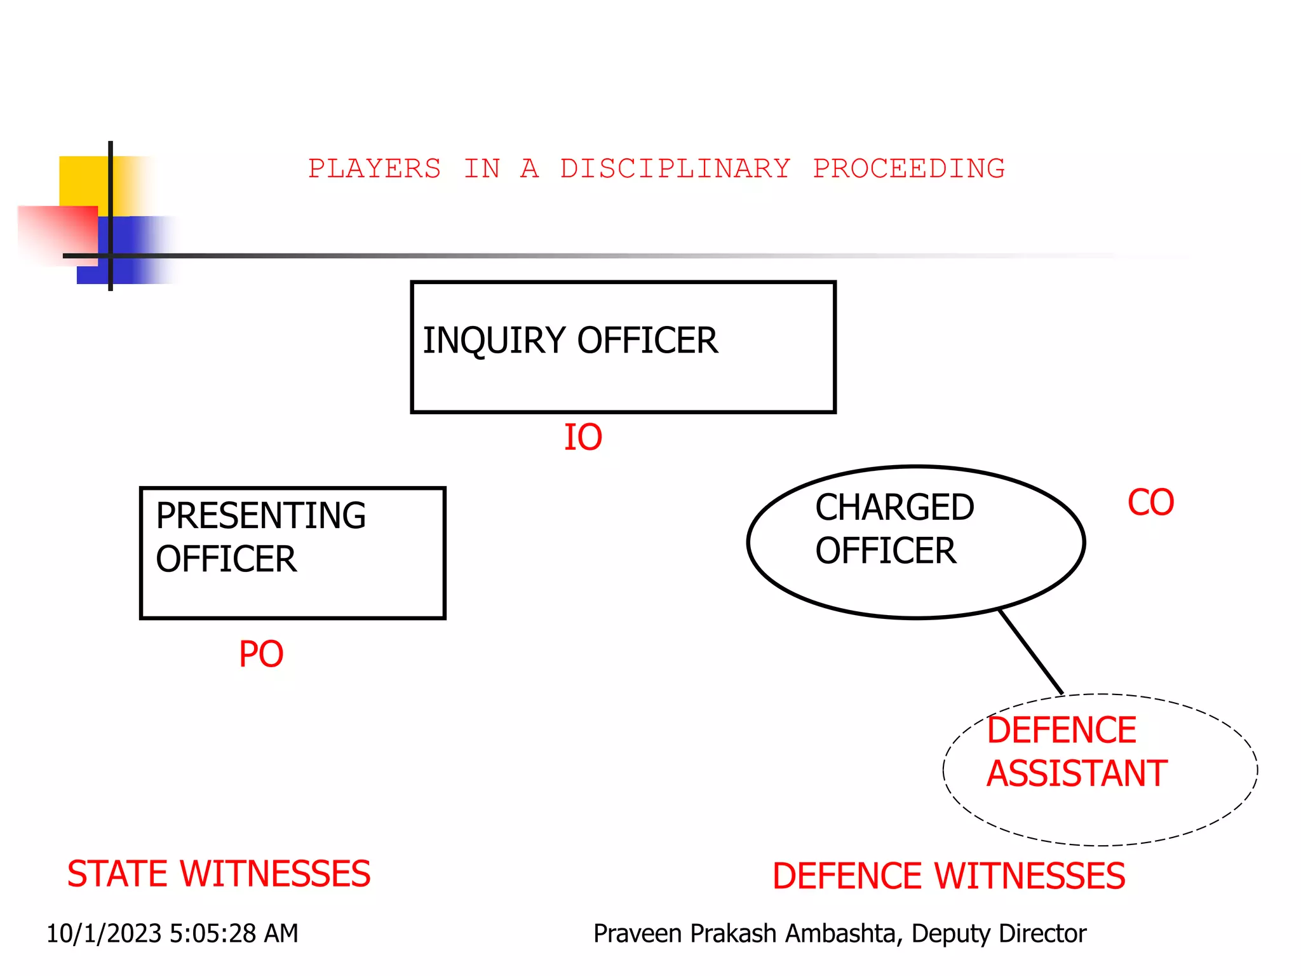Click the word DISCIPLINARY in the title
(675, 169)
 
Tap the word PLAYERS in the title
(374, 169)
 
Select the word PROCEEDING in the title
(908, 169)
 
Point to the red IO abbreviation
(583, 438)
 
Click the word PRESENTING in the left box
(260, 515)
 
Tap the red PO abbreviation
(261, 654)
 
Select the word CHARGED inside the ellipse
(894, 508)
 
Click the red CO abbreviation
(1150, 503)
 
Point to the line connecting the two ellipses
(1030, 651)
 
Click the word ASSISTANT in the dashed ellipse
(1077, 774)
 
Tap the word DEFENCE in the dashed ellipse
(1061, 730)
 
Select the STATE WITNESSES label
(219, 874)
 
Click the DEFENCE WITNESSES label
(948, 876)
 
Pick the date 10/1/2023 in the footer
(104, 933)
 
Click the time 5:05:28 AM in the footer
(234, 933)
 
